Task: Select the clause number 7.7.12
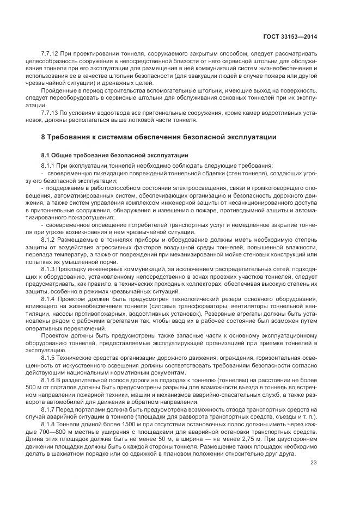click(50, 56)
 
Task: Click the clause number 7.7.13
click(50, 112)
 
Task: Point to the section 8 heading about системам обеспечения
click(155, 136)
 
